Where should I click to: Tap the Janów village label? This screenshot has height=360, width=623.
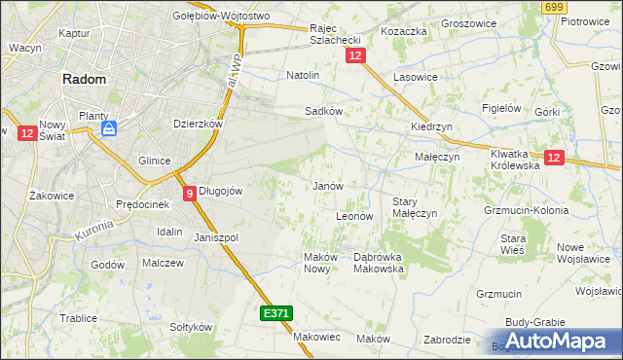pos(327,186)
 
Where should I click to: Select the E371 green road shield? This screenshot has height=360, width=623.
pos(275,313)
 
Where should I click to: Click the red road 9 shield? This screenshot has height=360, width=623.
pos(189,193)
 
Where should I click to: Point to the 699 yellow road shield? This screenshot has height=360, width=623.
pos(555,8)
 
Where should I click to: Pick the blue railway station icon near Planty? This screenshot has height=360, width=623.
pos(110,127)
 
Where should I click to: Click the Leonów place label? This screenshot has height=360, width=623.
pos(354,216)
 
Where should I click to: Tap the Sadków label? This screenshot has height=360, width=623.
pos(323,112)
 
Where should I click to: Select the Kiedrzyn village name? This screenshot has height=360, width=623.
pos(429,127)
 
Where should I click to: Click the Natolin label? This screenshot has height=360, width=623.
pos(303,75)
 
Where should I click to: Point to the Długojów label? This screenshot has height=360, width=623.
pos(220,192)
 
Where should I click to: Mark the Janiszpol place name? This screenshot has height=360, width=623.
pos(216,237)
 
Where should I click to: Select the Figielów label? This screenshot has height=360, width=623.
pos(502,108)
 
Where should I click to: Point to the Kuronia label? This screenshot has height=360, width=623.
pos(94,231)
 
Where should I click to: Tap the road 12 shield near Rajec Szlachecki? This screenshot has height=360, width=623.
pos(354,57)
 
